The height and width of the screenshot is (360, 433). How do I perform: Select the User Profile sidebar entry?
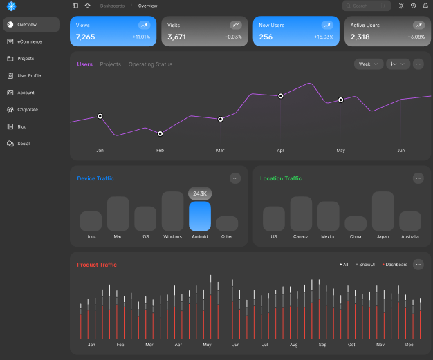[29, 75]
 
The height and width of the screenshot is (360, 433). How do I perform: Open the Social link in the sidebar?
[24, 144]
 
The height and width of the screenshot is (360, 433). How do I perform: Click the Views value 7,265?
[86, 37]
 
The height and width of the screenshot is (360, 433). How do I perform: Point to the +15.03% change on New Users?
[323, 37]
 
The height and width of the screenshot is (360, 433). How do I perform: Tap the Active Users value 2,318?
[360, 37]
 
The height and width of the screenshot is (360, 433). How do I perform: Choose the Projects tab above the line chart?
[110, 64]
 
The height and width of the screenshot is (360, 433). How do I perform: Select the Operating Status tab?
[150, 64]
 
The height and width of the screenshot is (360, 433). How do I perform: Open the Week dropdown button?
[368, 64]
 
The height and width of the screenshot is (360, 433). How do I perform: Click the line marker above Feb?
[160, 133]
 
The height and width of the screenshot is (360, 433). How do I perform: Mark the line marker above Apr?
[281, 96]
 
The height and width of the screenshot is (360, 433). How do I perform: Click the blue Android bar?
[200, 216]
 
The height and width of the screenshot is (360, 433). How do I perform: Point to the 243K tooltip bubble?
[200, 193]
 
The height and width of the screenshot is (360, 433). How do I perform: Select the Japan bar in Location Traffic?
[383, 211]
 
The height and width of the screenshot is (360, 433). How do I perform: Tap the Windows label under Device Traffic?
[172, 237]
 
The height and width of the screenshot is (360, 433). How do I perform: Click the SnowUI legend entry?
[365, 265]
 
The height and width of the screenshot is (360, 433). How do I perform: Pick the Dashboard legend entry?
[395, 265]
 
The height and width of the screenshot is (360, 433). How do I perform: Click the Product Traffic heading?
[97, 265]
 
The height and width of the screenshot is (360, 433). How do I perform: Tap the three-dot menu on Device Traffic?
[235, 178]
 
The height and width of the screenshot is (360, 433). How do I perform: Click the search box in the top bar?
[366, 6]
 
